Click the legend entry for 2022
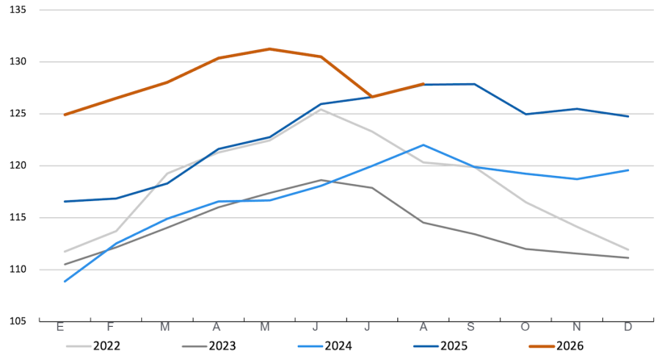94,346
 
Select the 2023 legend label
209,346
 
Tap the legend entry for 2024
325,346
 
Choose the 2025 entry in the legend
440,346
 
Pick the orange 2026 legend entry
556,346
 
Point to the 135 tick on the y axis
18,10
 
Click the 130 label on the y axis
18,61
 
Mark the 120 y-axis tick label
18,165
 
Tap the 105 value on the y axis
18,321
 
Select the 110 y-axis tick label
18,270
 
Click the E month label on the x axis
60,327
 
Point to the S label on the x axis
471,327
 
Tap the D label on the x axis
628,327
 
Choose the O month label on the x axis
526,327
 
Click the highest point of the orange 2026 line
270,49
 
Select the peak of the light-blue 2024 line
424,145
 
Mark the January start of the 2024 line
65,282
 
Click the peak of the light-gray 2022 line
321,109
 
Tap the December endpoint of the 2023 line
629,257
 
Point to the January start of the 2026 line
65,115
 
